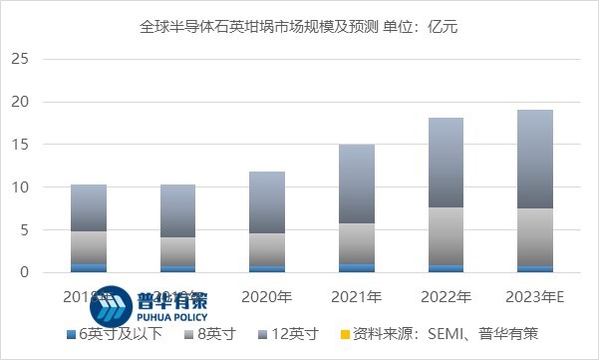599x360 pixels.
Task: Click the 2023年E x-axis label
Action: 538,296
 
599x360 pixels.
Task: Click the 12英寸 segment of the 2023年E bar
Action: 538,159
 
